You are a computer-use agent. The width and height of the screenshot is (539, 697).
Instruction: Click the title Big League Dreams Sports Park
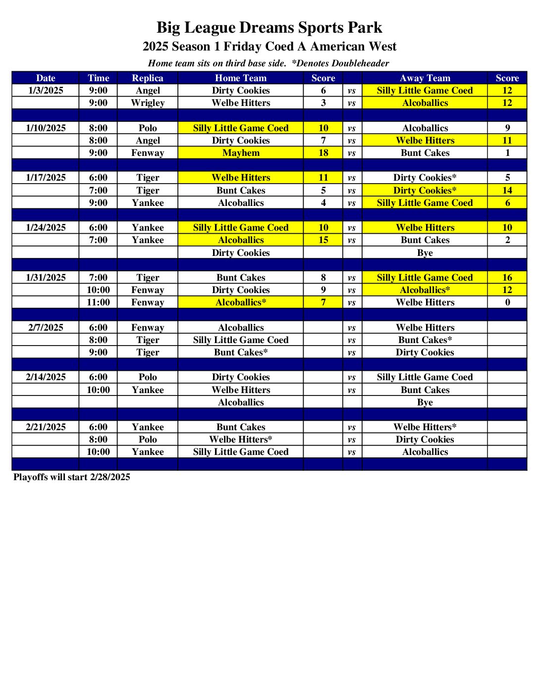tap(269, 28)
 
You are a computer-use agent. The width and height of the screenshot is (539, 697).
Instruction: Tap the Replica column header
tap(147, 78)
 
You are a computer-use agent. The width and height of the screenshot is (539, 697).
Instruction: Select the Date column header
tap(46, 78)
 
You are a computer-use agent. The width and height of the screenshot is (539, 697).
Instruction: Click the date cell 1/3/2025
tap(46, 91)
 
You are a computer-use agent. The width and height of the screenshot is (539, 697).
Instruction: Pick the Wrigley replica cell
tap(147, 103)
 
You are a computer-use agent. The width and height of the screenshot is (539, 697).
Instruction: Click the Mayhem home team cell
tap(241, 153)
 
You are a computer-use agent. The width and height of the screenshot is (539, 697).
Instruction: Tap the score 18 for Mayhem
tap(323, 153)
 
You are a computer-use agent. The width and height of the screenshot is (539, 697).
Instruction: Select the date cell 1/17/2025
tap(46, 178)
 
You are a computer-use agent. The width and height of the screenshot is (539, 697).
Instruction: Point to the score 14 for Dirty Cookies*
tap(507, 191)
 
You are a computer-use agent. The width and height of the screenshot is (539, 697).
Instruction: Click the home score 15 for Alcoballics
tap(323, 240)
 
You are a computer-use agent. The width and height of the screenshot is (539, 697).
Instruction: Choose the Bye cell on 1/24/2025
tap(425, 253)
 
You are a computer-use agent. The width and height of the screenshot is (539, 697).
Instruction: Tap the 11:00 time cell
tap(98, 302)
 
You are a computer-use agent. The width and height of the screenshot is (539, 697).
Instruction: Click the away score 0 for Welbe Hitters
tap(507, 302)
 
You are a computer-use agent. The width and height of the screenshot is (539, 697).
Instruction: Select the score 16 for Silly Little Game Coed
tap(507, 278)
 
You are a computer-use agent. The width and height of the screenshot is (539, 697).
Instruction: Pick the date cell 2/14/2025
tap(46, 377)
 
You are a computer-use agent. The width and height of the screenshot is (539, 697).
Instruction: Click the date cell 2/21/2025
tap(46, 427)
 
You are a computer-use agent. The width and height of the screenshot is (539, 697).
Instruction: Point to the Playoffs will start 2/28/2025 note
tap(72, 477)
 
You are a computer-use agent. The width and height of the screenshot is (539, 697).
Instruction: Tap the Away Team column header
tap(425, 78)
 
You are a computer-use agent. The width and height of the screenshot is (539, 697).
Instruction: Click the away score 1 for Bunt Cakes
tap(507, 153)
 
